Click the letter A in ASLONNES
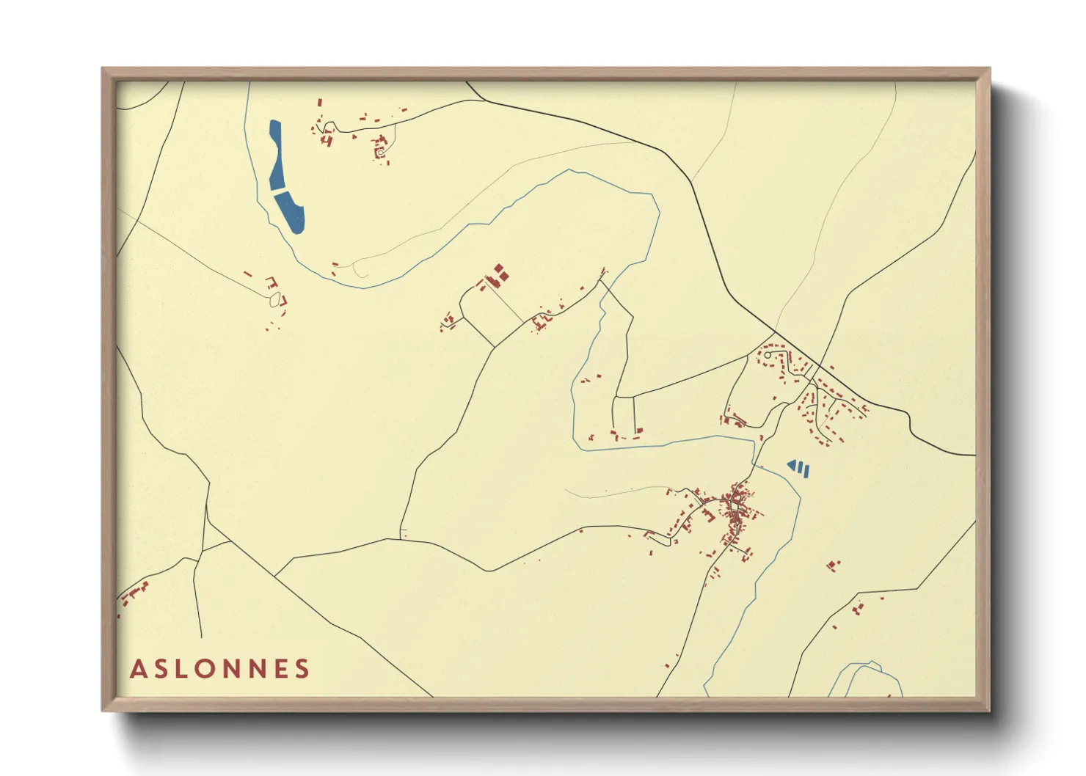(x=139, y=669)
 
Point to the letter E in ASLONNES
(x=277, y=669)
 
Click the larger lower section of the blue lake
(x=291, y=211)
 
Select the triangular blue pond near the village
(x=792, y=464)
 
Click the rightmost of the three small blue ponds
(x=806, y=471)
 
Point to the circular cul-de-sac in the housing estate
(x=768, y=355)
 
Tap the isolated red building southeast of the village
(x=832, y=565)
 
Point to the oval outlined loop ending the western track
(x=275, y=299)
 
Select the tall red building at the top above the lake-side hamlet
(x=319, y=105)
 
